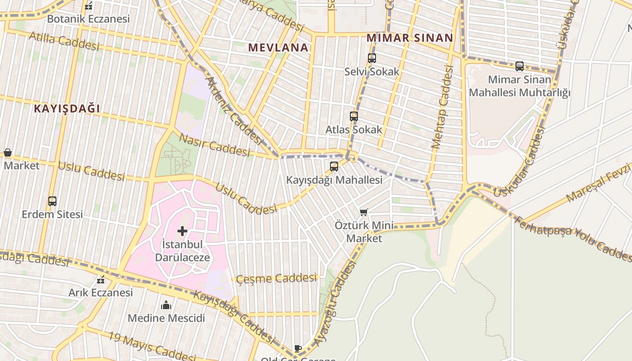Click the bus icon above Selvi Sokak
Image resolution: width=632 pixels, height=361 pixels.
(372, 58)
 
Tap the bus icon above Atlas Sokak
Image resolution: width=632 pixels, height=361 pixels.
(353, 116)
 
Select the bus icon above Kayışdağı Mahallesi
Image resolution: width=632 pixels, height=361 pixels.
(334, 167)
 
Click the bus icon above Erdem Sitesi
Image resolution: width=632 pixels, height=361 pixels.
(52, 201)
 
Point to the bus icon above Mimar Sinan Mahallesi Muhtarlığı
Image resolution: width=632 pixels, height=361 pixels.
(520, 66)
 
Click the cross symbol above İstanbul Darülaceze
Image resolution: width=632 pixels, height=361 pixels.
(182, 231)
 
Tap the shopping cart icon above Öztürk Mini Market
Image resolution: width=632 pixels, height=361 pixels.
(364, 212)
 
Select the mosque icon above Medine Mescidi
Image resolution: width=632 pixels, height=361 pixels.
(166, 305)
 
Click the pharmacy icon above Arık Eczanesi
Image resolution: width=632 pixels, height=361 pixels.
(101, 280)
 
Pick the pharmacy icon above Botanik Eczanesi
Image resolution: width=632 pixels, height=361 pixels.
(88, 6)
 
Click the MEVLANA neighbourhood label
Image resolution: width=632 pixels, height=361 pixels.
(278, 47)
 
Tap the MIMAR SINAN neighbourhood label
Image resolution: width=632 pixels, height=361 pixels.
(409, 38)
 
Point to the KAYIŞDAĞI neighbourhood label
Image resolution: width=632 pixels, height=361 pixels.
(67, 109)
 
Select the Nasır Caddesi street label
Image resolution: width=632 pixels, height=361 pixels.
(214, 145)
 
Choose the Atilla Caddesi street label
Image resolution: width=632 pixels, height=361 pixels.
(64, 41)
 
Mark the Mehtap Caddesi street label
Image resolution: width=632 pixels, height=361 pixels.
(442, 107)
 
